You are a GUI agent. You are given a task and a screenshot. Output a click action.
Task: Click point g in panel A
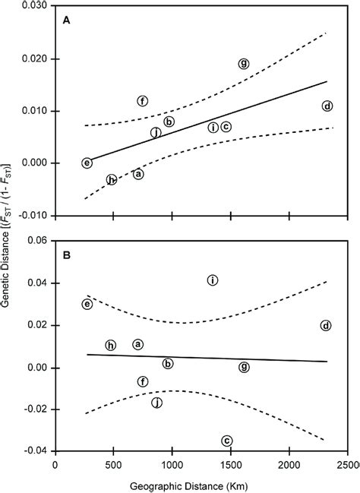click(243, 64)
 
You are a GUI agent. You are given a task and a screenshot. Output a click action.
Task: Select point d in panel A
click(327, 106)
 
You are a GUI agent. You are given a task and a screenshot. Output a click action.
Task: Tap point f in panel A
click(142, 101)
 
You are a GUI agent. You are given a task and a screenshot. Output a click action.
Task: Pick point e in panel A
click(87, 163)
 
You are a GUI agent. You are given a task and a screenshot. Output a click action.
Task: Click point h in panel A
click(112, 180)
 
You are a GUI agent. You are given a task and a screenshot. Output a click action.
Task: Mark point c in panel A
click(226, 127)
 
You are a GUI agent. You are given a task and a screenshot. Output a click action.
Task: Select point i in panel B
click(213, 280)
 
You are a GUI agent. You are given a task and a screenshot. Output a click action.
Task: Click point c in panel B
click(226, 441)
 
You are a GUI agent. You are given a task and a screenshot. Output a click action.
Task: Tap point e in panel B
click(87, 305)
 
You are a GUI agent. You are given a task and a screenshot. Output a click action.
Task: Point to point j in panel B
click(157, 403)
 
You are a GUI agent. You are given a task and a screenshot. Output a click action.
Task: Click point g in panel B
click(243, 367)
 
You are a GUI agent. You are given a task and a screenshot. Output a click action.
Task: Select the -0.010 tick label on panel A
click(32, 215)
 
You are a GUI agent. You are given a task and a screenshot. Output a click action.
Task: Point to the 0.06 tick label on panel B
click(36, 241)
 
